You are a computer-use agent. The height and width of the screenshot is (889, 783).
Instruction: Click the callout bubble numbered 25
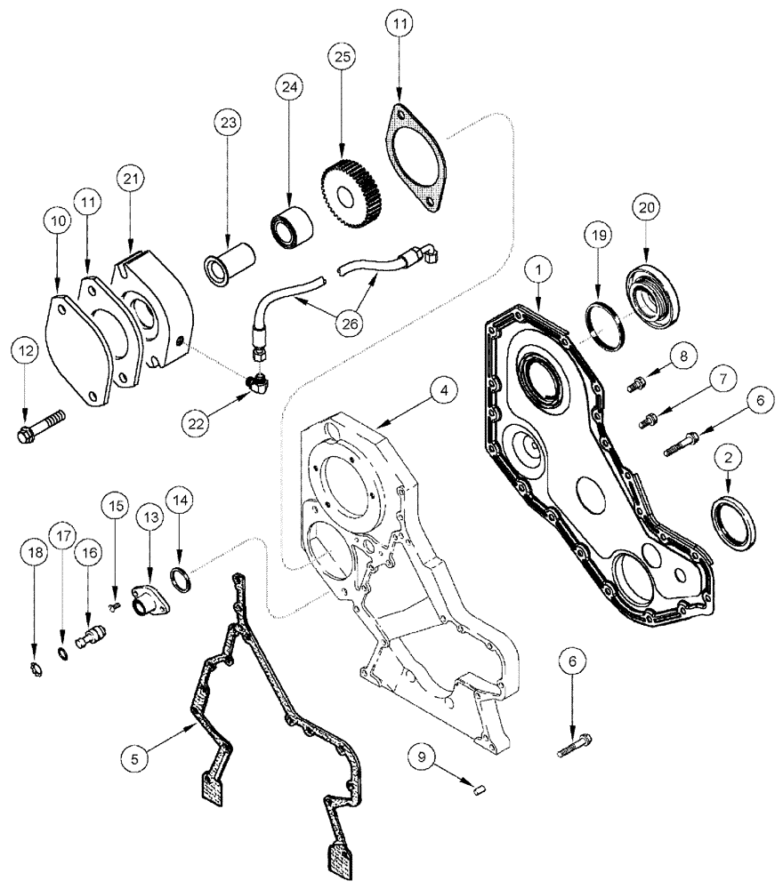[343, 57]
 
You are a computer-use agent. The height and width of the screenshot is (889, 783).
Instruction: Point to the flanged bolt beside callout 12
[40, 425]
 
